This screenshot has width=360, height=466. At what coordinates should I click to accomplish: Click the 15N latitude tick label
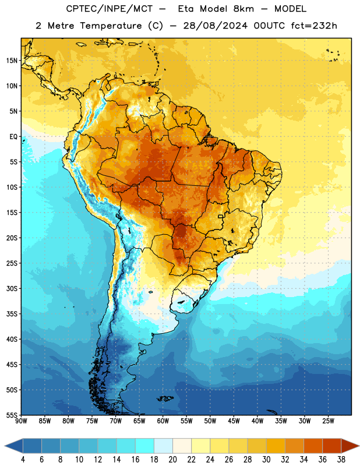coord(12,61)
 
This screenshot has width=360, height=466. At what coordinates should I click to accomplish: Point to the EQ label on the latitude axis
coord(13,137)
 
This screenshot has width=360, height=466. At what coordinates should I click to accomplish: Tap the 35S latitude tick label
coord(12,314)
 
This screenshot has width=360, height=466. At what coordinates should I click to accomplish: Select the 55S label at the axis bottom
coord(12,415)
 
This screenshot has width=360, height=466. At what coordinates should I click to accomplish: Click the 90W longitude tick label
coord(21,421)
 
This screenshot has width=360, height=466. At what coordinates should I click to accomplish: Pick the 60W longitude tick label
coord(163,421)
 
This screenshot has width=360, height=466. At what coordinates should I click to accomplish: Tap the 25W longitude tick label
coord(328,421)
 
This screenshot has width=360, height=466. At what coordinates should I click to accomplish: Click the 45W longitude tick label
coord(234,421)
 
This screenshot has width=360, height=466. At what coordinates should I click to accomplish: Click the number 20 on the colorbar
coord(172,460)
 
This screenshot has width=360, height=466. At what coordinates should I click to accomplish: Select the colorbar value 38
coord(341,460)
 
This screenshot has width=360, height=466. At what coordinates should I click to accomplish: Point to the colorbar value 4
coord(23,460)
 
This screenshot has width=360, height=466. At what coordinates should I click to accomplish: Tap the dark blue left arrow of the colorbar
coord(14,446)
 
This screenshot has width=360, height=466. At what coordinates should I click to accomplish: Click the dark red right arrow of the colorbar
coord(350,446)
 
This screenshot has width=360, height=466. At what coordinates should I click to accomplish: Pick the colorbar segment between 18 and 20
coord(163,446)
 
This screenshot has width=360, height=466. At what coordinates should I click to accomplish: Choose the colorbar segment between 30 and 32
coord(276,446)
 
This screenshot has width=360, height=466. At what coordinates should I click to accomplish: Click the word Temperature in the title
coord(111,26)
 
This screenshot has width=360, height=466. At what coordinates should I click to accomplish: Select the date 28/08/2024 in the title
coord(216,26)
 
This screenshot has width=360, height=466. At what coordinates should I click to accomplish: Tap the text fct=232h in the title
coord(314,26)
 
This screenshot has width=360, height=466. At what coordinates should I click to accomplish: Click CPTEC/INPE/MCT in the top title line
coord(110,9)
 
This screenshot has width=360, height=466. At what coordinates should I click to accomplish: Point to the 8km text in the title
coord(243,9)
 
